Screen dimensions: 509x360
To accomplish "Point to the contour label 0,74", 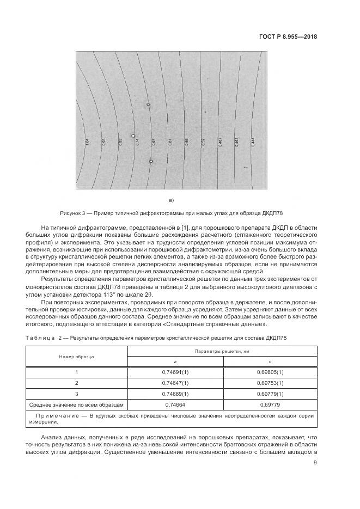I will (137, 142).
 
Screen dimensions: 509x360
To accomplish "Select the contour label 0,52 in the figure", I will (203, 142).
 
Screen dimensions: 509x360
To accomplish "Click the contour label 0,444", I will (253, 142).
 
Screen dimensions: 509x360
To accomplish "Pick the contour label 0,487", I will (220, 142).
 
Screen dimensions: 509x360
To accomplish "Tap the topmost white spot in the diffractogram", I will (148, 105).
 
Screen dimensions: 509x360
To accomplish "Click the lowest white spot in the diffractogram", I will (151, 161).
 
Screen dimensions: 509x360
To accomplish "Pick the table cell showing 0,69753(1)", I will (270, 383).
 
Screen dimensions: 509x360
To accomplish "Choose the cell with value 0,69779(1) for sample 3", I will (270, 394).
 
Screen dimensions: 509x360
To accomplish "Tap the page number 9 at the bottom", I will (315, 463).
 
